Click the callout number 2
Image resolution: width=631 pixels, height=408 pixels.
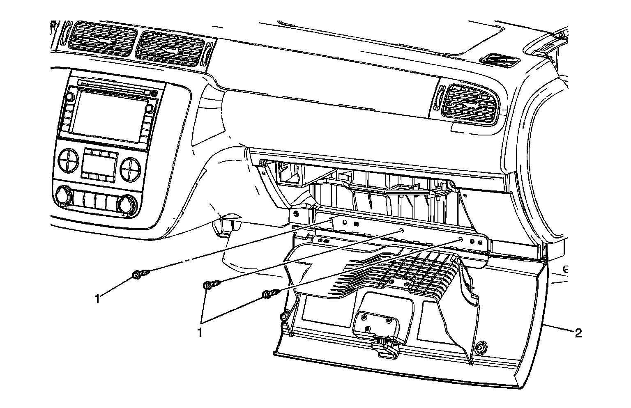[x=578, y=333]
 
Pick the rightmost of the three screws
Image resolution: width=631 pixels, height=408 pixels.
[x=270, y=293]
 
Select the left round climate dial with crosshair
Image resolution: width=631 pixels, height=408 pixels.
[x=68, y=160]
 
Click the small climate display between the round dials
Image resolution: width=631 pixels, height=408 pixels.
[x=100, y=164]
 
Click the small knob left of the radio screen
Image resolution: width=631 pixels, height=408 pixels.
[x=69, y=97]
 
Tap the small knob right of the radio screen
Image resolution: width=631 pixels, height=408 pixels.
[x=150, y=108]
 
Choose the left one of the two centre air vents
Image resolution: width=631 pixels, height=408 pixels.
[x=102, y=39]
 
